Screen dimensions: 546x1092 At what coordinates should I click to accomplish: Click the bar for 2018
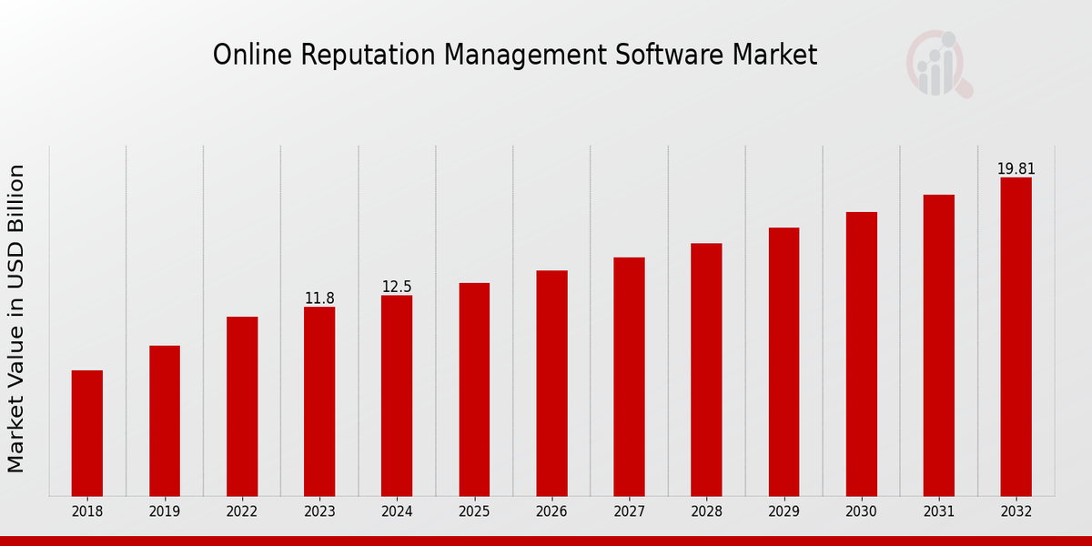point(87,433)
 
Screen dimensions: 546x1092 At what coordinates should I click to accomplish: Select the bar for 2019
point(165,420)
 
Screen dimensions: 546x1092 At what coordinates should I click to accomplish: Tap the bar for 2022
point(242,406)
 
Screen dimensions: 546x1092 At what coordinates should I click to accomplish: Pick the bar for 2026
point(551,383)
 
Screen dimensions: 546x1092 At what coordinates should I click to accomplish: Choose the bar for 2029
point(784,361)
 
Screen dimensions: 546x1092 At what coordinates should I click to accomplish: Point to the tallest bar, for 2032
point(1016,337)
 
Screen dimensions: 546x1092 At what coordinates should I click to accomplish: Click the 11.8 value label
point(319,298)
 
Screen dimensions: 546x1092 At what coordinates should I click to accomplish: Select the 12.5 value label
point(397,287)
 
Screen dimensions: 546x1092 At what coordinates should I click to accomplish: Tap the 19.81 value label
point(1016,169)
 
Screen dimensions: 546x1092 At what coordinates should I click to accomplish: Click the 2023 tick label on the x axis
point(319,511)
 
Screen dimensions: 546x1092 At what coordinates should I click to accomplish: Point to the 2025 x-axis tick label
point(474,511)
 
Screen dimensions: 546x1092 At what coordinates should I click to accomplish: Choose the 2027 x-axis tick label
point(629,511)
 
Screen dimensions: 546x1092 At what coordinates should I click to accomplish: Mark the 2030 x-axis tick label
point(861,511)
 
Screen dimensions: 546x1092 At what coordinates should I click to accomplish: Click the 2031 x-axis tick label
point(938,511)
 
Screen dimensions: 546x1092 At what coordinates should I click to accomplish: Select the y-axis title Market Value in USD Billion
point(16,318)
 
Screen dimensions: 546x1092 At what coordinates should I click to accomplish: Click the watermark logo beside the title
point(938,64)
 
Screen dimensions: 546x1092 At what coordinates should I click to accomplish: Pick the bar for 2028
point(706,369)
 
